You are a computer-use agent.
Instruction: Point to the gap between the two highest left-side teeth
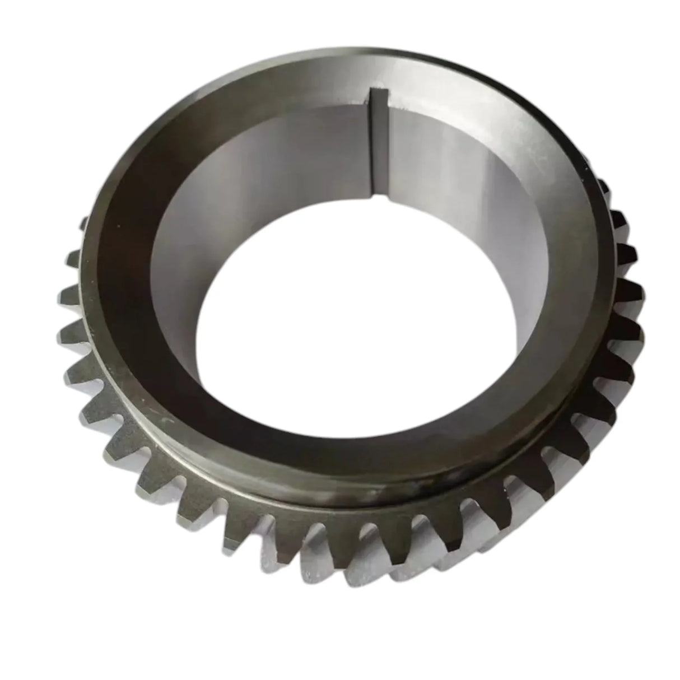(77, 238)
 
